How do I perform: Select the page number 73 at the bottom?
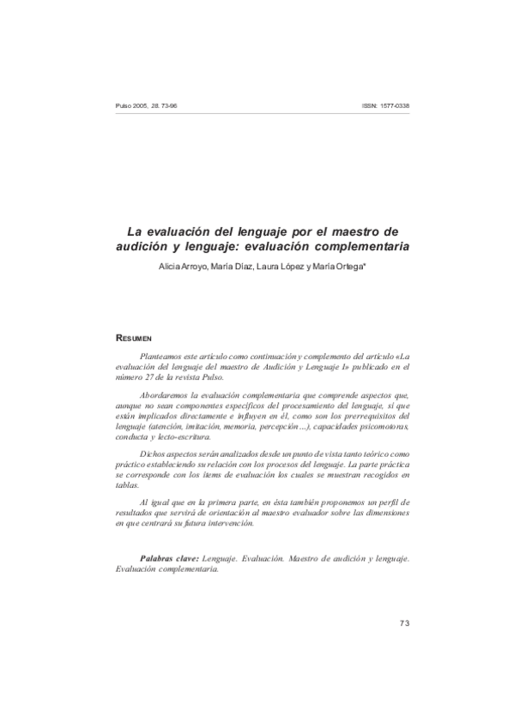404,622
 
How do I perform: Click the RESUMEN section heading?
134,339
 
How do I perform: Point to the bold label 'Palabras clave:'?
169,558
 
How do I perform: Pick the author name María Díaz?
230,267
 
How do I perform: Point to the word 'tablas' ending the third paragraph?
125,484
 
